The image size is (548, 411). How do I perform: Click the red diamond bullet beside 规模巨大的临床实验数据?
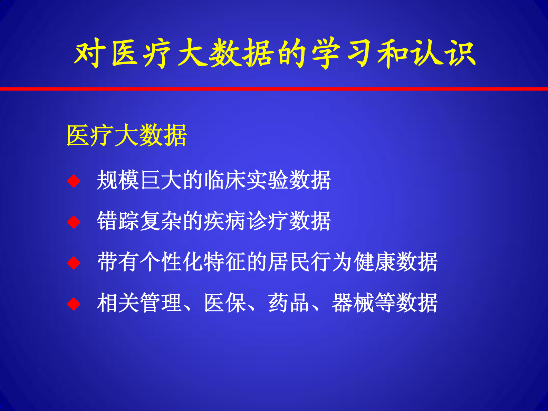click(74, 181)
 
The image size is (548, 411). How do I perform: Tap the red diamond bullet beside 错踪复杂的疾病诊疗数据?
click(74, 222)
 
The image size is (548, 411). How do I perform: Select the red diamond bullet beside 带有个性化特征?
click(74, 263)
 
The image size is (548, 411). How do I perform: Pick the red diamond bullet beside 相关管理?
click(74, 304)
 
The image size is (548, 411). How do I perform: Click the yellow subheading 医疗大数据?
click(126, 135)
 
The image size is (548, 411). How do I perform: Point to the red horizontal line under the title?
click(274, 89)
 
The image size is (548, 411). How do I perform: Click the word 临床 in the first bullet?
click(225, 180)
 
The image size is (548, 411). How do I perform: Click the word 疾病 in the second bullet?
click(225, 221)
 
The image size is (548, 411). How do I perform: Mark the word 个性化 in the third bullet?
click(172, 262)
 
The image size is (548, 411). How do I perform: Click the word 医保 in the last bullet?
click(225, 303)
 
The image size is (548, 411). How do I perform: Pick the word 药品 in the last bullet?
click(289, 303)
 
